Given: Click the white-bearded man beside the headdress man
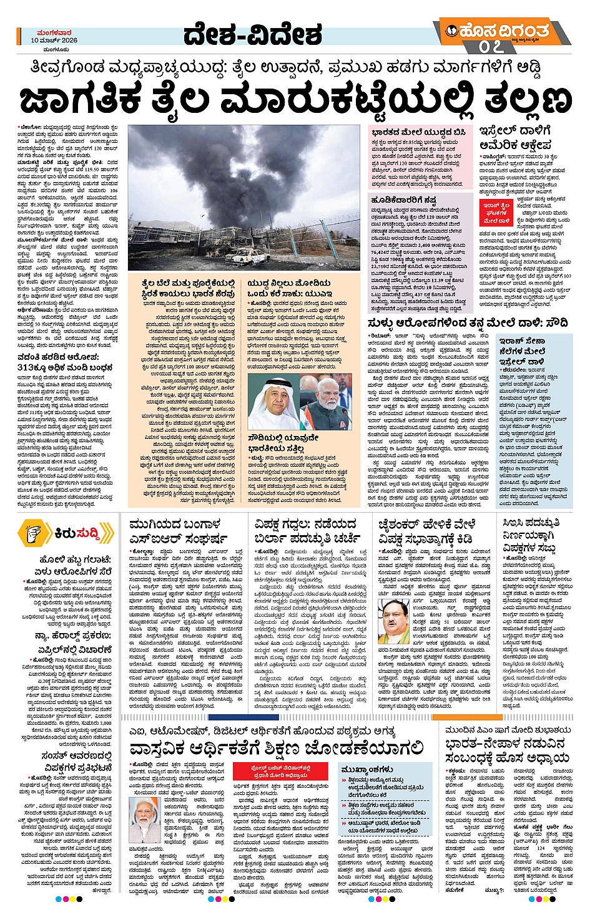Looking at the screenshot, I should click(x=326, y=404).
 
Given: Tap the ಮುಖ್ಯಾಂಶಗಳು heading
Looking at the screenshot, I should click(x=368, y=769).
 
